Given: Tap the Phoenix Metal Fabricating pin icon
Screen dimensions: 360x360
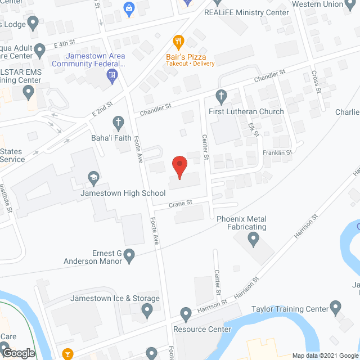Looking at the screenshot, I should click(x=253, y=241).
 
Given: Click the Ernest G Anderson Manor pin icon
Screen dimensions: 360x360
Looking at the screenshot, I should click(x=129, y=256).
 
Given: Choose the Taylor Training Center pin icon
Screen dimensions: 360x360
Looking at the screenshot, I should click(x=336, y=308).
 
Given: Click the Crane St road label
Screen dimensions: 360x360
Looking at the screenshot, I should click(x=181, y=203).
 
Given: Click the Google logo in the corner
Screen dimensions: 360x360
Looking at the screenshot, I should click(x=18, y=353).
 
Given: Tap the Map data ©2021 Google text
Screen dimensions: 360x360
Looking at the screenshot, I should click(x=325, y=355).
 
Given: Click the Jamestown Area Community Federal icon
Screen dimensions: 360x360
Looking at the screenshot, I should click(x=112, y=75).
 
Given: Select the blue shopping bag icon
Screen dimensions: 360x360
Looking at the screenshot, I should click(x=129, y=8).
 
